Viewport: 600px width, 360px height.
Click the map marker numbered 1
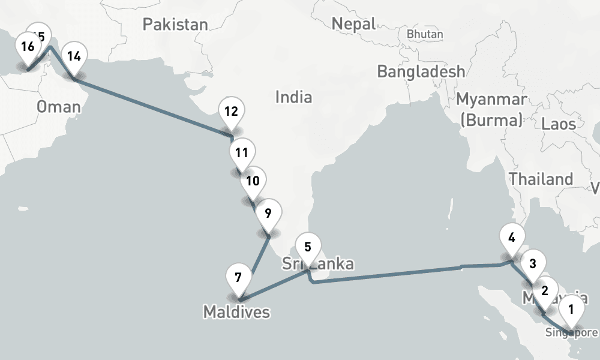point(571,311)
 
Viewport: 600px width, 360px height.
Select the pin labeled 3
point(532,263)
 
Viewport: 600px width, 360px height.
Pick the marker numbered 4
point(511,238)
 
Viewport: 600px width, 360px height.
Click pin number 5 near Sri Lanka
point(308,247)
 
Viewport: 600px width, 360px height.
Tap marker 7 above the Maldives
point(238,278)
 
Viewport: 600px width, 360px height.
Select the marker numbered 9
point(268,213)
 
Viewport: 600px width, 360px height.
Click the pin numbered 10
point(253,181)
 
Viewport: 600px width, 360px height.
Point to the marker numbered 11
point(241,153)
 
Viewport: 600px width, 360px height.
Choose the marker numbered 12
point(232,111)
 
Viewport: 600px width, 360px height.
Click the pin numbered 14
point(74,57)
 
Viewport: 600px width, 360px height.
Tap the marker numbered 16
point(26,47)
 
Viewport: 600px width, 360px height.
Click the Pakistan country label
point(175,25)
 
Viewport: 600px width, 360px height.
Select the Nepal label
point(353,24)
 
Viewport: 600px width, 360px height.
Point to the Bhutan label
point(425,34)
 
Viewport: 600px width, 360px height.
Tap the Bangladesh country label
point(421,71)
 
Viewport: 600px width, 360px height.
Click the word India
point(293,96)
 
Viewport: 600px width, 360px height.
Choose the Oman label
point(58,107)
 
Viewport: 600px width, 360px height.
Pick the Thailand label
point(541,179)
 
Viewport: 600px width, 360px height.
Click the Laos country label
point(559,124)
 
